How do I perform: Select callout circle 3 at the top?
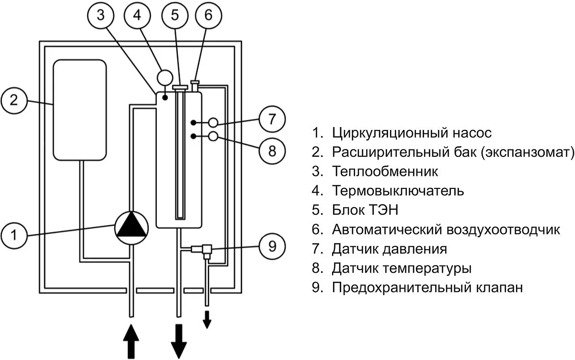pos(100,15)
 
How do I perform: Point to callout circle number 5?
pos(175,15)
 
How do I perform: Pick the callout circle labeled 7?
pos(272,118)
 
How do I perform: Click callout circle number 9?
pos(272,247)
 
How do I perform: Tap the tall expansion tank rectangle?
pos(80,109)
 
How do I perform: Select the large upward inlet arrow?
pos(131,340)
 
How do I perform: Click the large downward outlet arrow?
pos(179,340)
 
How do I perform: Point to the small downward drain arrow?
pos(207,319)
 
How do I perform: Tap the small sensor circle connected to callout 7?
pos(213,123)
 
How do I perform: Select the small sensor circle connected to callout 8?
pos(213,137)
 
